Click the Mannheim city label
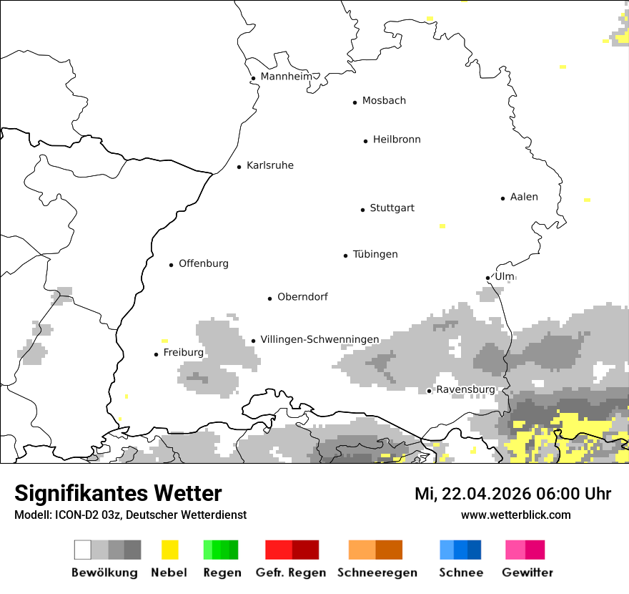[x=286, y=77]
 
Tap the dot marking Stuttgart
[x=362, y=210]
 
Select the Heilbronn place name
[x=397, y=140]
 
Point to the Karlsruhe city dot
[x=239, y=167]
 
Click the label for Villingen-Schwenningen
[x=320, y=339]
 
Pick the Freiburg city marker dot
[x=156, y=354]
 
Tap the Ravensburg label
[x=465, y=389]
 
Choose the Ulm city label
[x=505, y=276]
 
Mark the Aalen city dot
[x=502, y=198]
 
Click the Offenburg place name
[x=204, y=263]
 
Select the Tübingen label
[x=375, y=254]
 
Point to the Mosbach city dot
[x=355, y=102]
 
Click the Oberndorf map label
[x=302, y=297]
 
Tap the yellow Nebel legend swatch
[x=169, y=550]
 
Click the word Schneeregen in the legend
[x=377, y=573]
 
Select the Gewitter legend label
[x=527, y=573]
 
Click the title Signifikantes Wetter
[x=118, y=493]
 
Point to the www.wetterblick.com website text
[x=515, y=515]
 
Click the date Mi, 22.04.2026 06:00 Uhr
[x=512, y=494]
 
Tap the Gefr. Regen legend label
[x=290, y=573]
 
